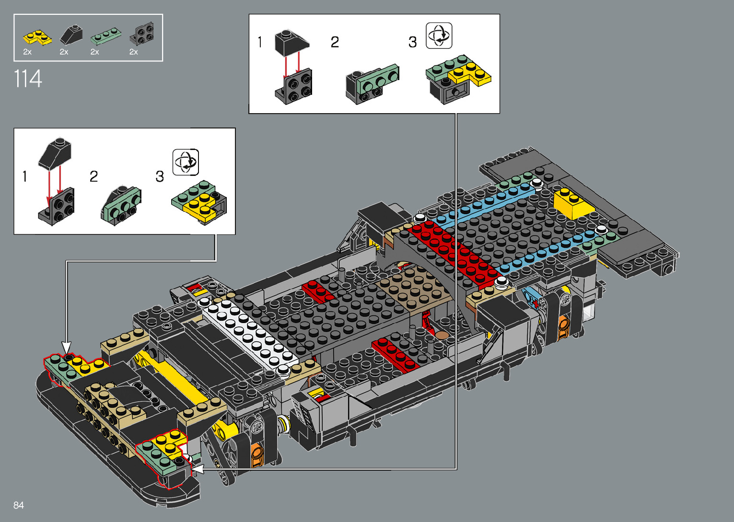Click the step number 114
point(28,79)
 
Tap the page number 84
point(19,505)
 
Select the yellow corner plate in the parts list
point(37,37)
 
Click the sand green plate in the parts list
point(106,35)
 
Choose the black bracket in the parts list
point(142,34)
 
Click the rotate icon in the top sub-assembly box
point(439,35)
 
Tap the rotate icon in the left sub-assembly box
point(186,162)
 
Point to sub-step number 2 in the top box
point(335,42)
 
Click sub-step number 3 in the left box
point(160,176)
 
